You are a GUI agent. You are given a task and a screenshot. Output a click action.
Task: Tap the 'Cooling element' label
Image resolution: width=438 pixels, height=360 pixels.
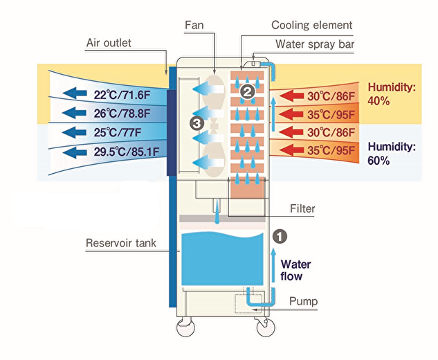coord(311,25)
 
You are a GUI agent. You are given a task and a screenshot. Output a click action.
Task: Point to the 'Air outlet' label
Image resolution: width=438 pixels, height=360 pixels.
coord(109,43)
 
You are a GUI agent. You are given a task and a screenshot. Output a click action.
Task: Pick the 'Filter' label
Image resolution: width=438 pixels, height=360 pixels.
coord(303,208)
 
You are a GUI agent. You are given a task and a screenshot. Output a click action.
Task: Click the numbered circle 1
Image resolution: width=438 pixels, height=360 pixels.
coord(280,235)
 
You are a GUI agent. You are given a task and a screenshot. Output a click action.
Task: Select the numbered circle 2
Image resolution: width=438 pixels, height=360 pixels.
coord(248,91)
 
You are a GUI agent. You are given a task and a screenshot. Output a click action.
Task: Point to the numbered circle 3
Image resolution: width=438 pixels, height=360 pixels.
coord(197,123)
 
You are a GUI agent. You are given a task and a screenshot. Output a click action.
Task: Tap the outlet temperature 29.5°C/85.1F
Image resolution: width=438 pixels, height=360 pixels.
coord(129,150)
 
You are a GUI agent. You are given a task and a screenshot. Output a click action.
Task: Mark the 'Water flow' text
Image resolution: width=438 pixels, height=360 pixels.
coord(295,270)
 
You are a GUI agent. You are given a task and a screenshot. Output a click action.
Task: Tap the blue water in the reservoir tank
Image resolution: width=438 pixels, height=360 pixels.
coord(221,260)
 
